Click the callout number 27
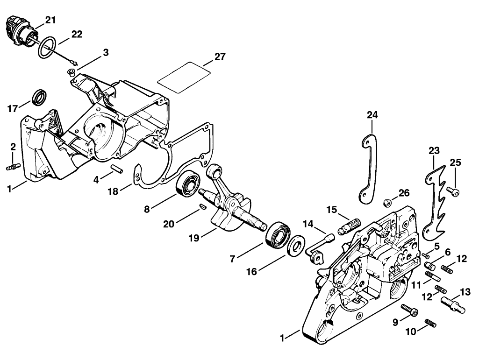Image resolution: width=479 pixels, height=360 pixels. tap(220, 57)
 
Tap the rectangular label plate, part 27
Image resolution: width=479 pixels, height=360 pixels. tap(184, 77)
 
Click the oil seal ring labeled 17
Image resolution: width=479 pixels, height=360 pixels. tap(39, 97)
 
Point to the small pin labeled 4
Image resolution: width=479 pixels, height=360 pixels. tap(117, 169)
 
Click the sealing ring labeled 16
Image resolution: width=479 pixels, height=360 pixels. tap(296, 245)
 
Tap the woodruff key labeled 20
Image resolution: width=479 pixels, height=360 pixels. tap(202, 206)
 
